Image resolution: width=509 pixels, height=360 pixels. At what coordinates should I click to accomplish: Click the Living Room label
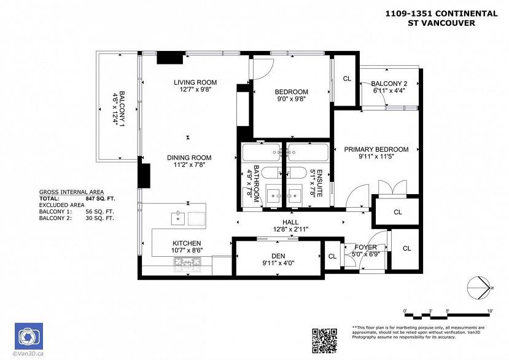click(x=195, y=82)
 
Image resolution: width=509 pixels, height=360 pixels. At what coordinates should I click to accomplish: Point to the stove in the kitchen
click(x=188, y=264)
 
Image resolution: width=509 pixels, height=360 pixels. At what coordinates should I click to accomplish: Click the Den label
click(x=278, y=257)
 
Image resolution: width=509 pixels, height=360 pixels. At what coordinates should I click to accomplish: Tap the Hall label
click(x=290, y=222)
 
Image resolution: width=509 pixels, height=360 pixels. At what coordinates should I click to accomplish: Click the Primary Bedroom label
click(x=376, y=149)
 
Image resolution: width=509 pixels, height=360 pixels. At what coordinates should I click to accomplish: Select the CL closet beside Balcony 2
click(x=346, y=79)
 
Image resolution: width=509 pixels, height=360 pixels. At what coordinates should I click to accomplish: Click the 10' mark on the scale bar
click(x=489, y=311)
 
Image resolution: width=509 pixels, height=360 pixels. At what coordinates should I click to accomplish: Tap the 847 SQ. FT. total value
click(x=101, y=199)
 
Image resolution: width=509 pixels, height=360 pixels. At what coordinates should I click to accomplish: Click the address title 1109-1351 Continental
click(x=440, y=12)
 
